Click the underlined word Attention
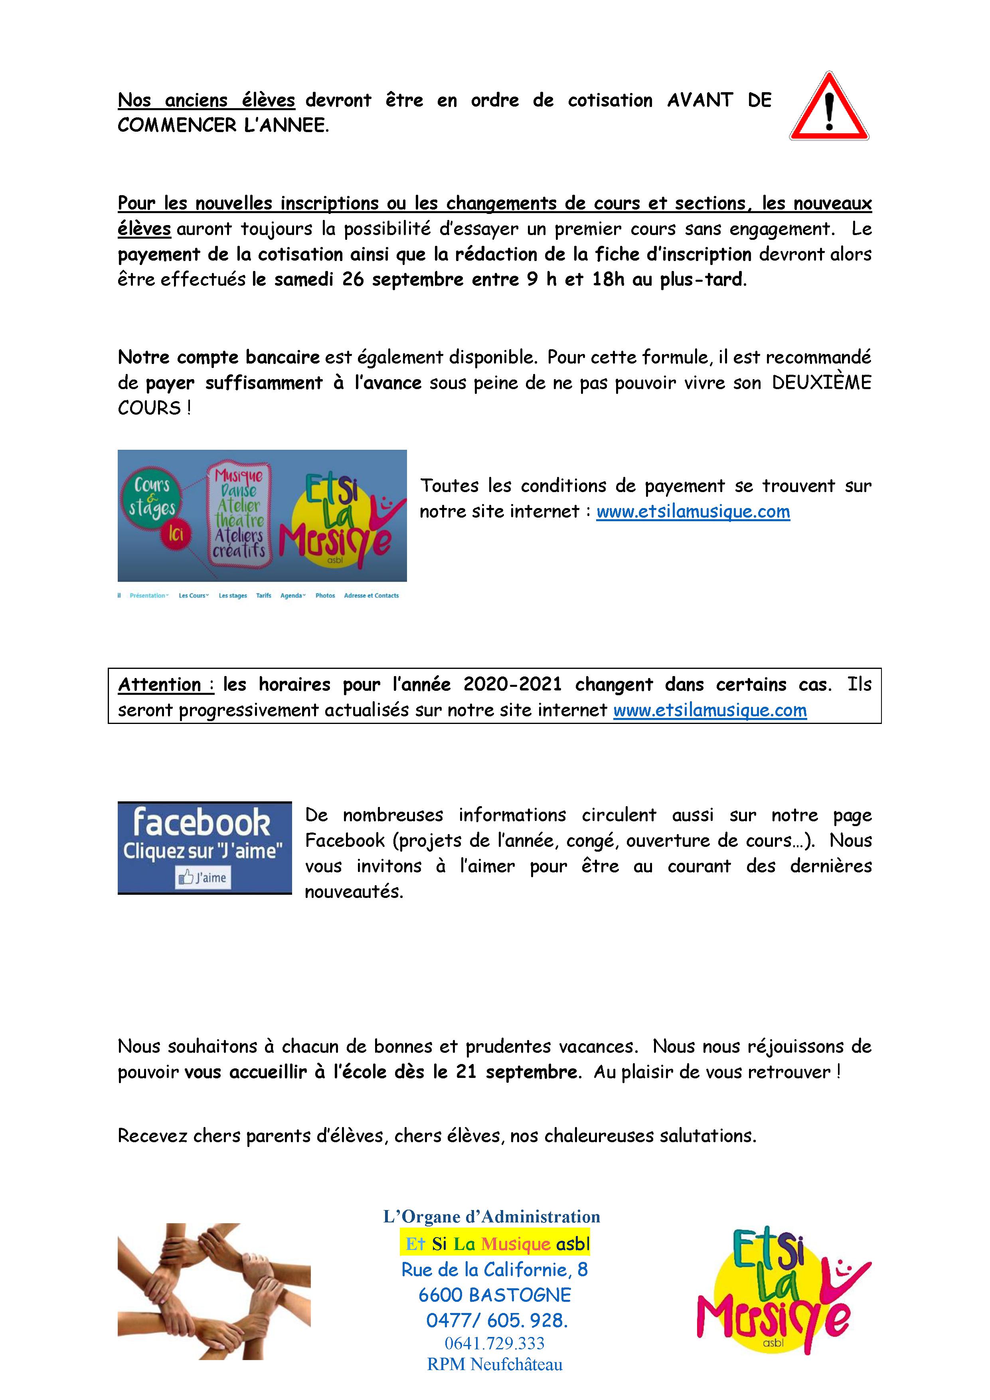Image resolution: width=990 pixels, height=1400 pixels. (x=160, y=685)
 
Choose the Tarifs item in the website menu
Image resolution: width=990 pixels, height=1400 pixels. (x=263, y=596)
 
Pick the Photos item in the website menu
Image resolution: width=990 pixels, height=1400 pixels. (x=325, y=596)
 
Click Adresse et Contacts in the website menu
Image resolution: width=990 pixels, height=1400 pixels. (x=371, y=596)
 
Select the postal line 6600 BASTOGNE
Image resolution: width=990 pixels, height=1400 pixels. (x=494, y=1295)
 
